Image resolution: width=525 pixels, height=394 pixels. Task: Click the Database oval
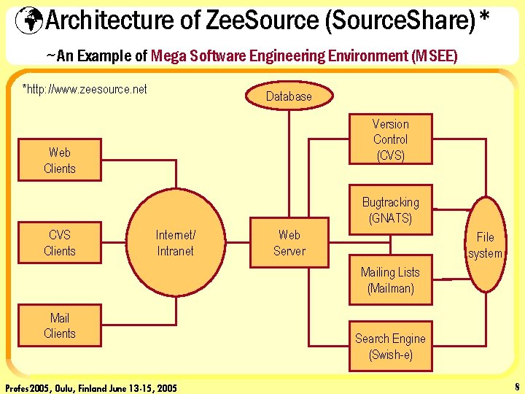click(x=289, y=96)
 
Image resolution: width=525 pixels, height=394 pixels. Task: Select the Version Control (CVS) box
click(x=391, y=139)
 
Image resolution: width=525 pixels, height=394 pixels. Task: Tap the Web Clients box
click(x=60, y=161)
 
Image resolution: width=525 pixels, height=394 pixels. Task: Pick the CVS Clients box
click(x=60, y=243)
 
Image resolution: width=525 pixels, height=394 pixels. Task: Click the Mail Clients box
click(x=60, y=325)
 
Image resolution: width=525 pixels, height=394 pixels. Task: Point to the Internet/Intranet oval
click(x=175, y=243)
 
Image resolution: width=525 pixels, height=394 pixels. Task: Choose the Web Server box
click(x=289, y=243)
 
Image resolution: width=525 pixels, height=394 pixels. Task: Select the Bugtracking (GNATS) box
click(x=391, y=210)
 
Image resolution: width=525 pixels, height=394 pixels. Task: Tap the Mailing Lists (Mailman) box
click(x=391, y=280)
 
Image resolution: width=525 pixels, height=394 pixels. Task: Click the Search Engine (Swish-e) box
click(x=391, y=347)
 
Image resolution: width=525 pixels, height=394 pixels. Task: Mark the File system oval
click(x=485, y=245)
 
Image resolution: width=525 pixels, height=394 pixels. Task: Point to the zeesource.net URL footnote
click(x=85, y=89)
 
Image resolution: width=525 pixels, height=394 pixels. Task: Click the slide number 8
click(x=516, y=387)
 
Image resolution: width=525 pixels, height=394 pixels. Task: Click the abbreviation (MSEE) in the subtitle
click(x=434, y=55)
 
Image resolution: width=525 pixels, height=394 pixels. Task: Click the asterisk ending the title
click(x=483, y=18)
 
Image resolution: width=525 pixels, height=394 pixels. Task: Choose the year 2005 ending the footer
click(x=166, y=387)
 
